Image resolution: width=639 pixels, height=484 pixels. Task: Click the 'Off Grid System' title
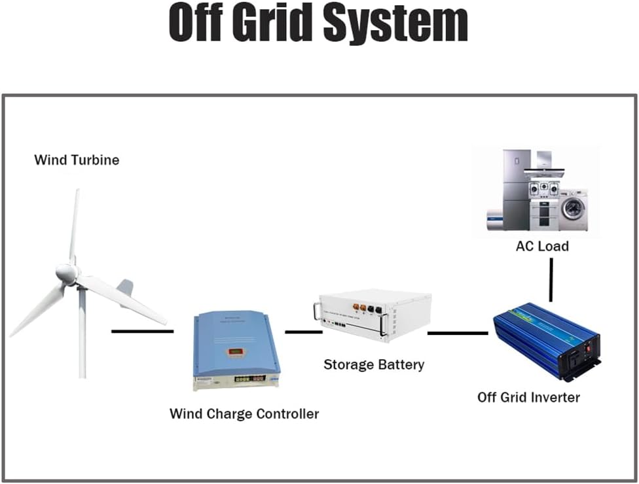click(318, 24)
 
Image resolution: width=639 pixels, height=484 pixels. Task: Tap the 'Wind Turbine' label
click(77, 160)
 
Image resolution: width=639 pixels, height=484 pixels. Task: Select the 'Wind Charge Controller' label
click(244, 413)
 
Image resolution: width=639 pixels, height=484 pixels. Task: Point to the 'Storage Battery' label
click(374, 364)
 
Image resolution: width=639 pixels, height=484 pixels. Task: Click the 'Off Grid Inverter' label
click(528, 397)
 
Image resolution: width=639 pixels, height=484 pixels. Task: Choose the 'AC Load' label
click(541, 247)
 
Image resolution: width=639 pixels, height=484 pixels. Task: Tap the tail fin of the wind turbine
click(124, 287)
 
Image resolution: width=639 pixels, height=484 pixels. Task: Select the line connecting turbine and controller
click(142, 331)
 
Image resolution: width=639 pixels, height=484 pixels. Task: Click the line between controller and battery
click(303, 332)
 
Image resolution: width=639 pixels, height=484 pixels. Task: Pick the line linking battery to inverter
click(458, 333)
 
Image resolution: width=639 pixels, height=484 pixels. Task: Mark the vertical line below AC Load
click(551, 279)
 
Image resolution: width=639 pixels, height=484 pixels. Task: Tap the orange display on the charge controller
click(235, 353)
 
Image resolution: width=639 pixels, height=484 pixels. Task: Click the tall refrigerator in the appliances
click(515, 190)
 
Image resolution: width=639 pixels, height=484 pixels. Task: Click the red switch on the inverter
click(589, 349)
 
